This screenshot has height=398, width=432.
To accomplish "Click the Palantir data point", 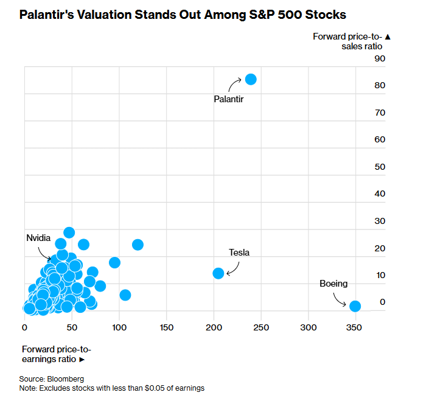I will [251, 79].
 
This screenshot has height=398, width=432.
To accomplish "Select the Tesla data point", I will [218, 273].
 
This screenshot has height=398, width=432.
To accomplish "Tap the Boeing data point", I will [355, 306].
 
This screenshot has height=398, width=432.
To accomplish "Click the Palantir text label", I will [229, 98].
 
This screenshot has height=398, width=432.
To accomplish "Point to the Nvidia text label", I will [38, 238].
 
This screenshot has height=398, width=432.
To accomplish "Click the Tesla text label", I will [239, 253].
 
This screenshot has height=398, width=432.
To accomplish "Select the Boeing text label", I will [333, 284].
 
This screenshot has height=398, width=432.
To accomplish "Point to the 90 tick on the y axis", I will [380, 58].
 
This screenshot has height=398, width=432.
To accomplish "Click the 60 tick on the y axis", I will [380, 139].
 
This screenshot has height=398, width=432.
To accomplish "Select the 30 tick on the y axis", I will [380, 221].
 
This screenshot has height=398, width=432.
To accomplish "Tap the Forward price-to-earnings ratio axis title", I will [56, 354].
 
